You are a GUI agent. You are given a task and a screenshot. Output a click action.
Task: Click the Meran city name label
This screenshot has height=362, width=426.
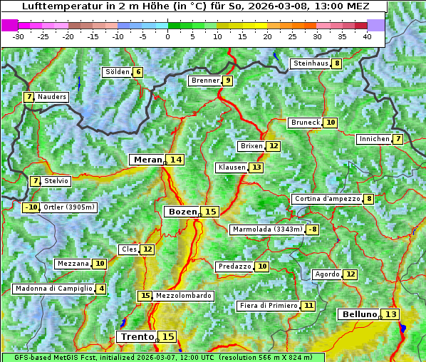pos(147,160)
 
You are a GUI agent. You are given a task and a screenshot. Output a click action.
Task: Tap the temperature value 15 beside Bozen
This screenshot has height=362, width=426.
pos(210,212)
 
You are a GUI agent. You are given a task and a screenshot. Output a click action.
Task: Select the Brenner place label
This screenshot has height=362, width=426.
pos(205,81)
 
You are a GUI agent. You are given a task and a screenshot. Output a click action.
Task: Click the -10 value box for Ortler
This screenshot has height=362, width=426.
pos(31,207)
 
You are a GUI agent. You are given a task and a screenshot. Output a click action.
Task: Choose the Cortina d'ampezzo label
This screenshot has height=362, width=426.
pos(326,199)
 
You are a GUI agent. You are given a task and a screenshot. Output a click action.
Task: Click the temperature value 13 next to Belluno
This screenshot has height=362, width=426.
pos(390,314)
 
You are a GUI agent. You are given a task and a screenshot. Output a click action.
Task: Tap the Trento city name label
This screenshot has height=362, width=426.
pos(137,336)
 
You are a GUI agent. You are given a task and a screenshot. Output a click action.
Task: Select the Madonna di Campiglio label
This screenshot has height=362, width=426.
pos(53,289)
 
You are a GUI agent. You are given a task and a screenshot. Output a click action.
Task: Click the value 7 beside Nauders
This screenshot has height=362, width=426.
pos(29,97)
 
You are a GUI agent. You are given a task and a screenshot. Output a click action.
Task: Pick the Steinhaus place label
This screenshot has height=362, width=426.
pos(310,63)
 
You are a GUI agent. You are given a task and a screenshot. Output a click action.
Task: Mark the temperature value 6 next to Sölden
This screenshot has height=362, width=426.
pos(137,72)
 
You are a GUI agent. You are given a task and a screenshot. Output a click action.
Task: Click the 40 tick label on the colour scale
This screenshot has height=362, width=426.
pos(367,36)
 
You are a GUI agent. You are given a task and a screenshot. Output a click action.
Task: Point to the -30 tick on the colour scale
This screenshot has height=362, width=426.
pos(19,36)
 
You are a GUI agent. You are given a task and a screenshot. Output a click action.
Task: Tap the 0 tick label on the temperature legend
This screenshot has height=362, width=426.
pos(167,36)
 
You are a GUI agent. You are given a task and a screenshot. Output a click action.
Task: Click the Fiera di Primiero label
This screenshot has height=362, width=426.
pos(268,306)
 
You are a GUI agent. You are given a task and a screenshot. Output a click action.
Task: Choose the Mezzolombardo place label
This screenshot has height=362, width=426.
pos(183,296)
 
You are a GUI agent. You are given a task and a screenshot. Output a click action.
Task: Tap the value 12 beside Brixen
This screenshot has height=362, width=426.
pos(274,146)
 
